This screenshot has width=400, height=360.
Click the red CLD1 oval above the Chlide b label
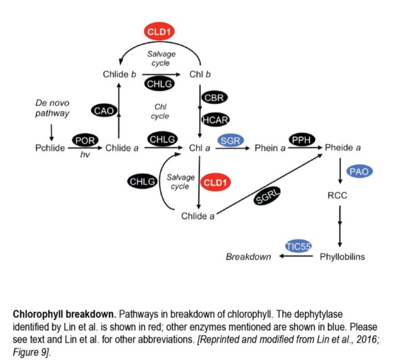click(159, 32)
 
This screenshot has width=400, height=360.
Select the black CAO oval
click(104, 111)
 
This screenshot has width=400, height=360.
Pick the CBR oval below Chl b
click(214, 97)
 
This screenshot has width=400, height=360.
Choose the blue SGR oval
click(230, 140)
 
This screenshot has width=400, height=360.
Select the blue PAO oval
click(361, 171)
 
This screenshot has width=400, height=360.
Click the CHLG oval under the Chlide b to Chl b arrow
click(159, 85)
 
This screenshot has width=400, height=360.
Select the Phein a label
click(270, 148)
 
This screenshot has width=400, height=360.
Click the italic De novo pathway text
click(52, 108)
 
